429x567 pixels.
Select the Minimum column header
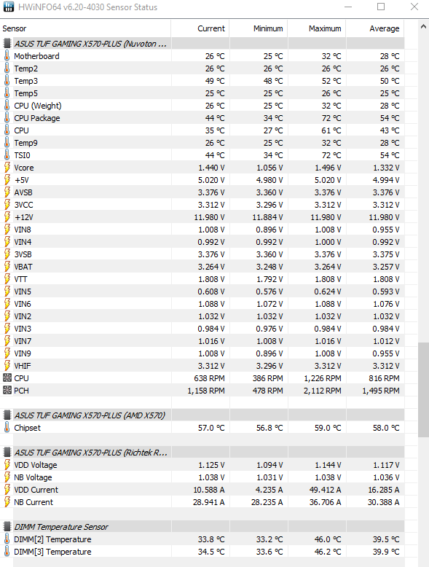tap(268, 28)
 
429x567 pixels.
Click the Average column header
tap(385, 28)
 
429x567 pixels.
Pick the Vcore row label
tap(23, 168)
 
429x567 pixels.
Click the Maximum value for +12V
tap(323, 217)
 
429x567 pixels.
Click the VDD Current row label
tap(36, 490)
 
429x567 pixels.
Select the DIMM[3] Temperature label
tap(52, 552)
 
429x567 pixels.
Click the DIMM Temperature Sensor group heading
tap(60, 527)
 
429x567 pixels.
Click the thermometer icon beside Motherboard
tap(7, 56)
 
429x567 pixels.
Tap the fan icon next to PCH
tap(7, 391)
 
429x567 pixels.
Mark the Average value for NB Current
tap(380, 502)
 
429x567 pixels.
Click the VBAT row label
tap(23, 267)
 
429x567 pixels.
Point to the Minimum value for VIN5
tap(267, 292)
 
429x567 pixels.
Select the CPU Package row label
tap(36, 118)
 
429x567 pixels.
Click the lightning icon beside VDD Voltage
tap(7, 465)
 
